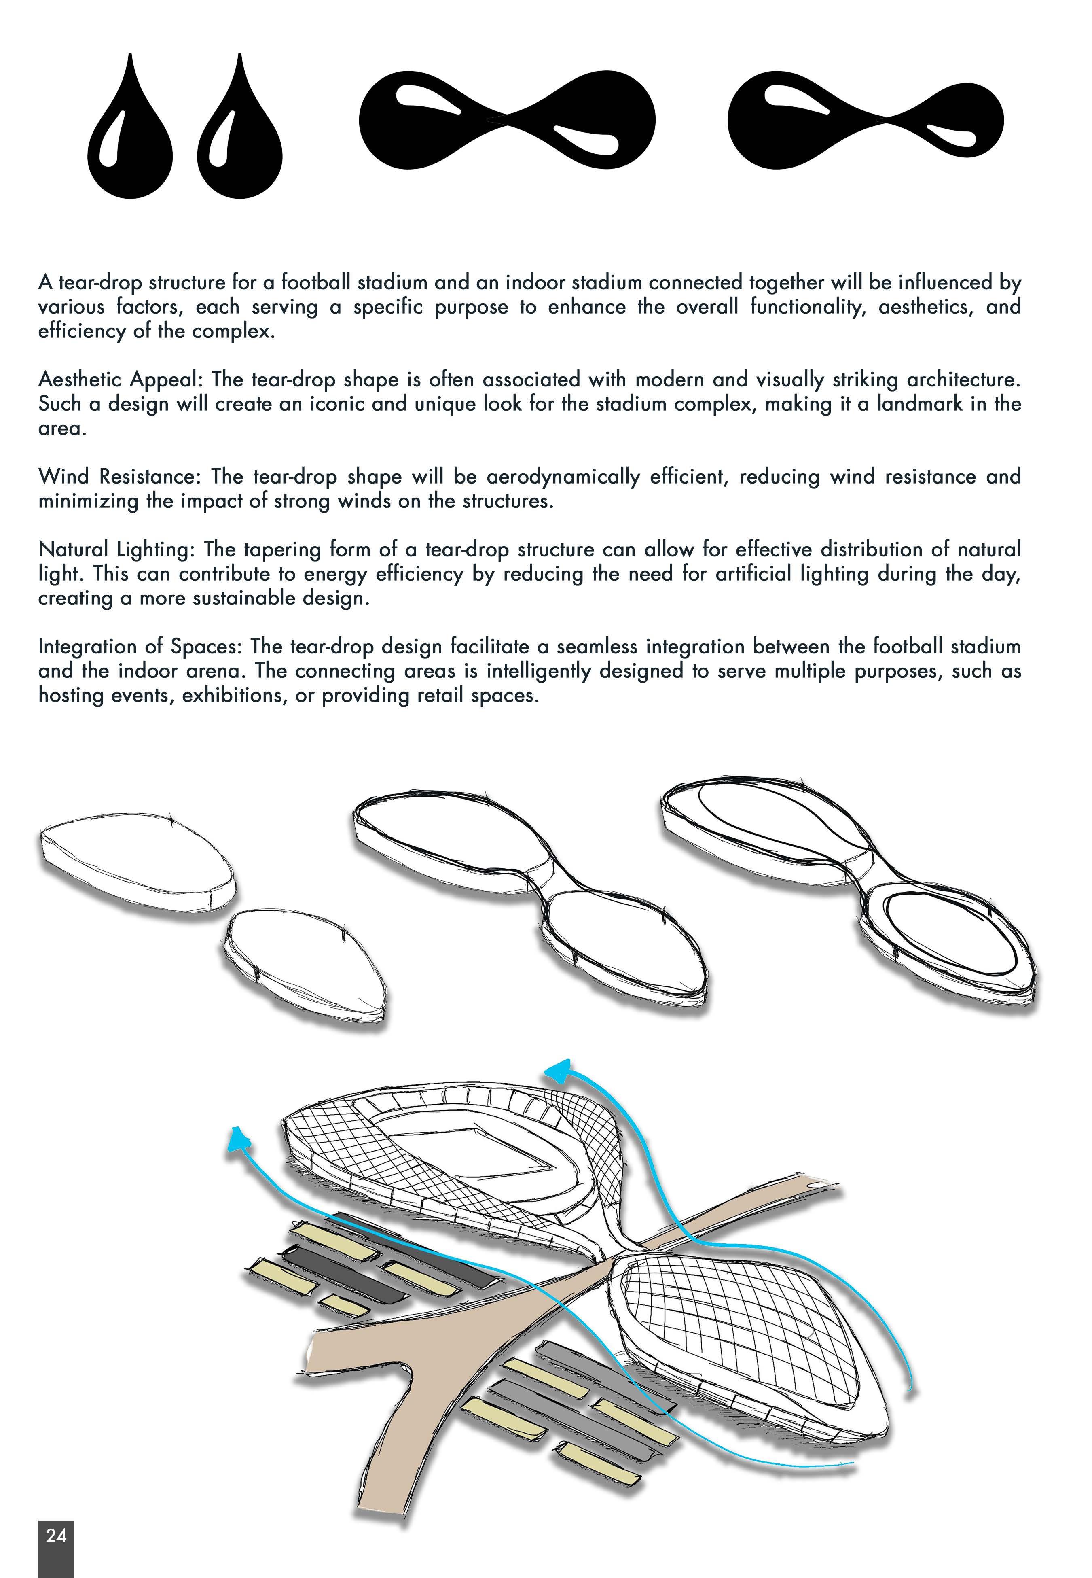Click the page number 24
(x=56, y=1536)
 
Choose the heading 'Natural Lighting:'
(x=118, y=549)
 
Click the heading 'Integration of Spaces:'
(x=140, y=647)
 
